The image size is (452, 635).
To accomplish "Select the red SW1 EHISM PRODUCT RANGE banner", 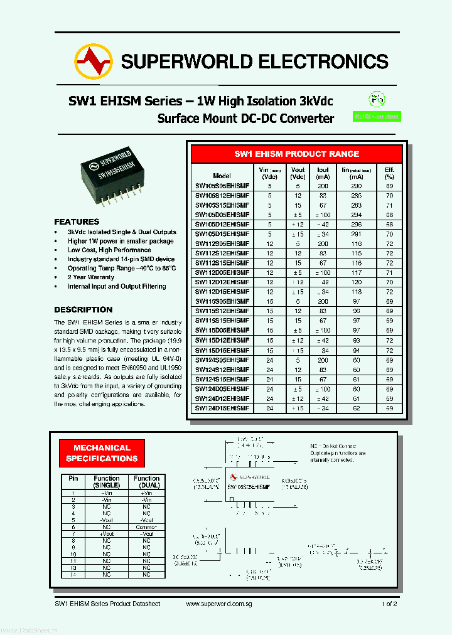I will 296,154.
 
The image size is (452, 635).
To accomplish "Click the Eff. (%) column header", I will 389,173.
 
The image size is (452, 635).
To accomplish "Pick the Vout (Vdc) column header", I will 298,173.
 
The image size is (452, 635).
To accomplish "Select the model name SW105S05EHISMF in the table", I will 222,186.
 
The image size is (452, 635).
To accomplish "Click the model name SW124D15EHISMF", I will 222,408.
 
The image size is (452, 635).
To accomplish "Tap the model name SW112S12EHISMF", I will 222,253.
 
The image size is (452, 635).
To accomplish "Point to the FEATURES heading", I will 77,221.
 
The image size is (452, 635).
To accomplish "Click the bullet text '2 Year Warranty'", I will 91,277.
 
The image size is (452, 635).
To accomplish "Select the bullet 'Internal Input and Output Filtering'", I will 117,286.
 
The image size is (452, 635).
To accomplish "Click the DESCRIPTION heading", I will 83,309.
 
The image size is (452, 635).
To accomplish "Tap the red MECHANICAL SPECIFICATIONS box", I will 102,453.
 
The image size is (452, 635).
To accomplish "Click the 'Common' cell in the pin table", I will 146,526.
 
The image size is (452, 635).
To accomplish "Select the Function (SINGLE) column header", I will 107,481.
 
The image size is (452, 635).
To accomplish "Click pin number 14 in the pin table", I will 73,574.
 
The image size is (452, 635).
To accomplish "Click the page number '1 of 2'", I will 389,604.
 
